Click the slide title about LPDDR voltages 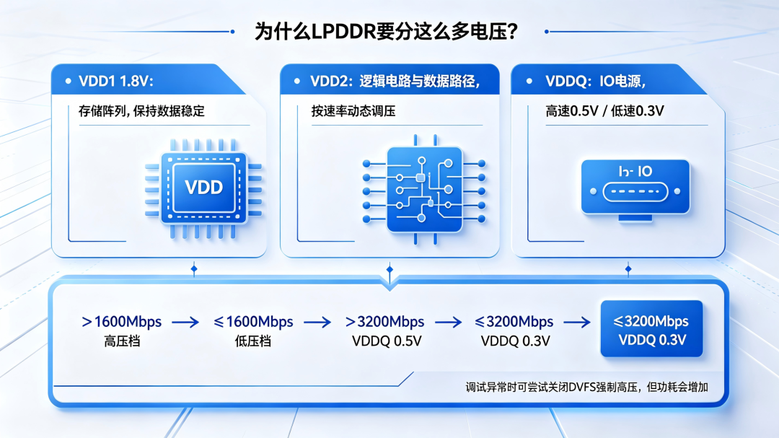click(386, 32)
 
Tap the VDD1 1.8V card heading click(116, 81)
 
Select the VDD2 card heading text click(395, 81)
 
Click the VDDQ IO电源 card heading click(595, 81)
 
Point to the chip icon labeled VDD click(203, 188)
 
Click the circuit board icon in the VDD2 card click(424, 190)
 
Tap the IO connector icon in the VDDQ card click(635, 190)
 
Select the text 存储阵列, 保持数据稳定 click(141, 111)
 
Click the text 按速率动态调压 click(353, 111)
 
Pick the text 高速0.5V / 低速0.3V click(604, 111)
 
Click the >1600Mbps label click(122, 322)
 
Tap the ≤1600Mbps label click(253, 322)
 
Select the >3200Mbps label click(384, 322)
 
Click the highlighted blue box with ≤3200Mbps click(651, 328)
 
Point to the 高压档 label click(122, 341)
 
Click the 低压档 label click(253, 341)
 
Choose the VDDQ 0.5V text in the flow click(387, 341)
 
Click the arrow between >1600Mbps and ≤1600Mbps click(185, 323)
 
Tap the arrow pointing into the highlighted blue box click(577, 323)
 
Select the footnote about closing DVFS click(586, 387)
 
